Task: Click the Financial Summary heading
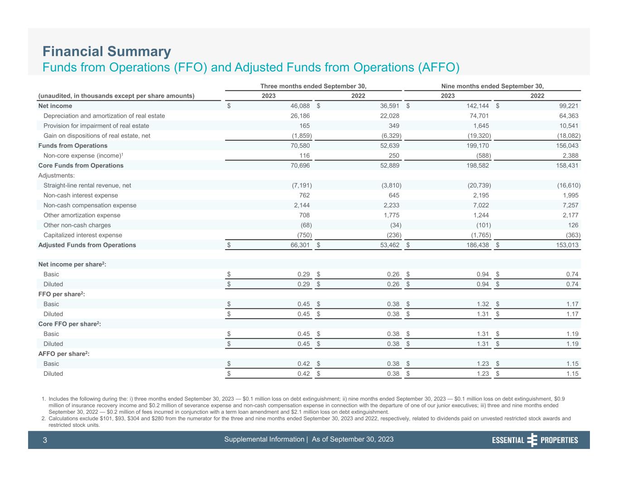pos(107,51)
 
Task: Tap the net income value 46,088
pos(300,106)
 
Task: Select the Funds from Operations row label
pos(73,146)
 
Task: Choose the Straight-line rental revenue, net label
pos(87,185)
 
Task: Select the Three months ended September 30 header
pos(313,86)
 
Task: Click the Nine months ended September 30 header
pos(492,86)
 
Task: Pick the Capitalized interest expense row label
pos(83,235)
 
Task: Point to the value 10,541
pos(567,126)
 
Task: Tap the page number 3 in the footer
pos(45,440)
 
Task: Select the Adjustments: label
pos(57,175)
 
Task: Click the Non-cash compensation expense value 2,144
pos(302,205)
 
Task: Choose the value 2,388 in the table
pos(569,156)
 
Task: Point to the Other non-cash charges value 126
pos(573,225)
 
